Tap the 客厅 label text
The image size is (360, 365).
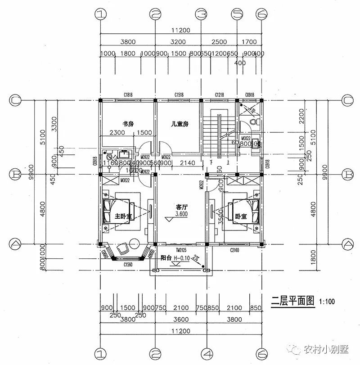click(x=181, y=207)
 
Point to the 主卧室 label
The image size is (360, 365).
click(x=123, y=216)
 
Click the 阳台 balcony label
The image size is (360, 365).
click(x=166, y=258)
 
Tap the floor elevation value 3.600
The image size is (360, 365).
click(x=181, y=214)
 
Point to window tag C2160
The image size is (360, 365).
click(x=235, y=250)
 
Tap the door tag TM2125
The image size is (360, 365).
click(x=181, y=249)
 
